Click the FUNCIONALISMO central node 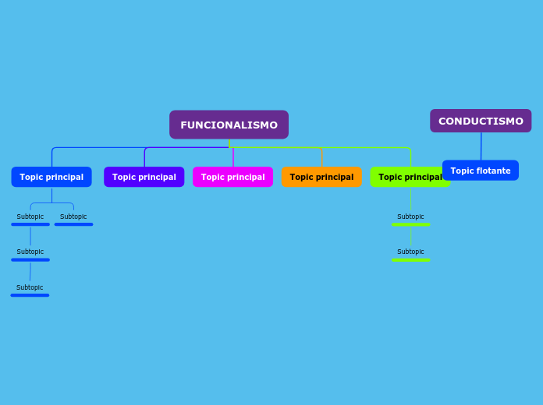coord(229,125)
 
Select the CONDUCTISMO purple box coord(481,121)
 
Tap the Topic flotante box coord(480,171)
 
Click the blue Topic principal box coord(51,177)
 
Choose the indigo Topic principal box coord(144,177)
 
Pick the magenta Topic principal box coord(232,177)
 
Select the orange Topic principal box coord(321,177)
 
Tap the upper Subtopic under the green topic coord(410,217)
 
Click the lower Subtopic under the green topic coord(410,252)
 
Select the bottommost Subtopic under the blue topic coord(30,287)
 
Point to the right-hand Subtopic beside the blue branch coord(73,217)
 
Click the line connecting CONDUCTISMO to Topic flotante coord(481,146)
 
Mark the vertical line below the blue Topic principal coord(51,195)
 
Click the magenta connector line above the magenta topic coord(233,157)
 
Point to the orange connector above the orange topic coord(321,157)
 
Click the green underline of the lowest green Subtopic coord(410,259)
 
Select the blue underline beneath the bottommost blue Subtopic coord(30,295)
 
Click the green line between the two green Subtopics coord(410,237)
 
